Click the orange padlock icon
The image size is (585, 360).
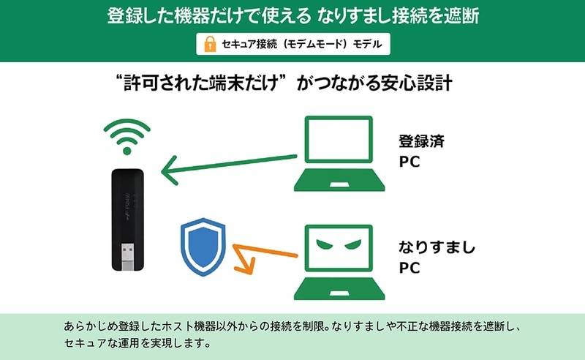[x=210, y=44]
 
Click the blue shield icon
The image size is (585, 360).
[x=203, y=247]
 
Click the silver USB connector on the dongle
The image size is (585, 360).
[x=128, y=256]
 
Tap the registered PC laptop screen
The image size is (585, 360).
[x=339, y=139]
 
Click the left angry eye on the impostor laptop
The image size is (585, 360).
[x=324, y=244]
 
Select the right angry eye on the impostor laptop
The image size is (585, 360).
[x=353, y=244]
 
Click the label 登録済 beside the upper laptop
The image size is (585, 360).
[x=422, y=141]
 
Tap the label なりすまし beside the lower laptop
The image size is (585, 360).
[x=437, y=247]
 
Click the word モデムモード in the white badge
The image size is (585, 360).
[x=314, y=44]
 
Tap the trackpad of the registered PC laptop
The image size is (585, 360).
[x=339, y=185]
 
